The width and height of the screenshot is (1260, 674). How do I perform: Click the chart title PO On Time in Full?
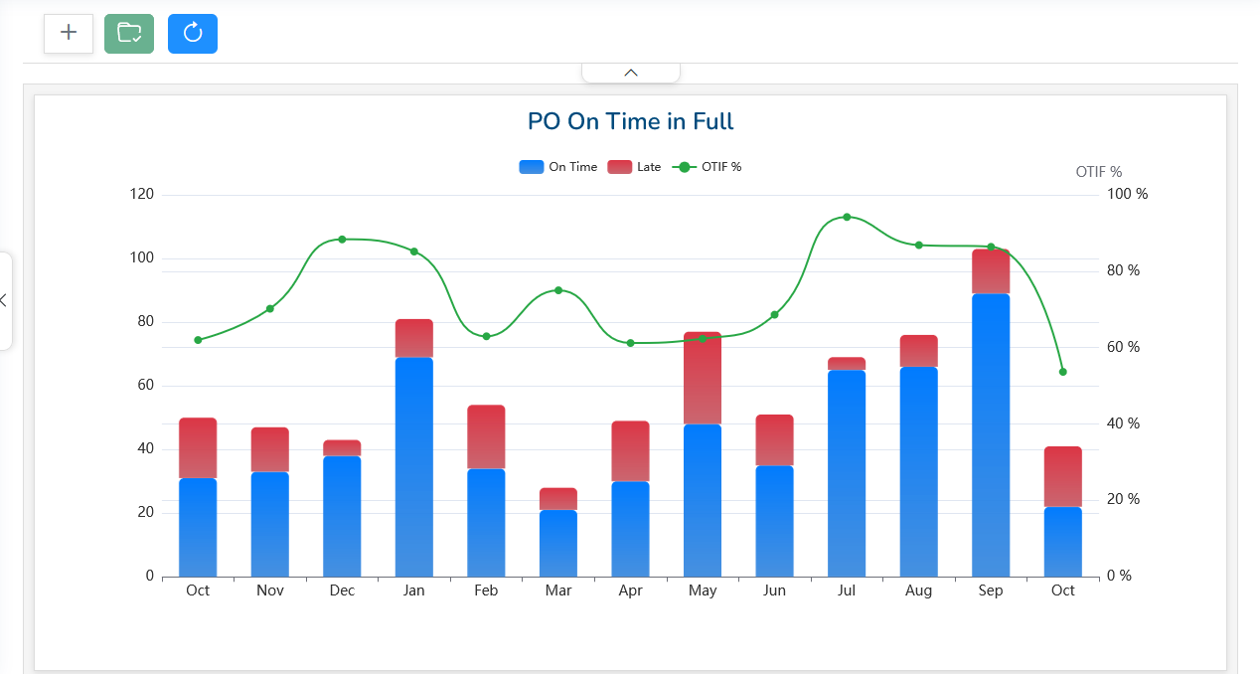(x=630, y=122)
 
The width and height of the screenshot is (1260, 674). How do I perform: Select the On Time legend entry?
(x=558, y=167)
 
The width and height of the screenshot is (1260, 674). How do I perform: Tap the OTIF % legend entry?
(x=708, y=167)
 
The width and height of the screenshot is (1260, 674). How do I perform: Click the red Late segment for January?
(x=413, y=338)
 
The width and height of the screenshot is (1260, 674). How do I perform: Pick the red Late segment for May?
(x=703, y=378)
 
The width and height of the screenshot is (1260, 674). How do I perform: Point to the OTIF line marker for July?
(x=847, y=217)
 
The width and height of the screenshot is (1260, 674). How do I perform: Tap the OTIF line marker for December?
(x=342, y=240)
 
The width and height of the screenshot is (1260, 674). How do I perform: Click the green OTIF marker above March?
(x=558, y=290)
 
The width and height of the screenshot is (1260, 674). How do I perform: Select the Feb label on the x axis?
(x=486, y=591)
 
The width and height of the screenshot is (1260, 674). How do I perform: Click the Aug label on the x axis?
(x=919, y=591)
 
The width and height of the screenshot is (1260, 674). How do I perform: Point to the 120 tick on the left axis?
(x=142, y=194)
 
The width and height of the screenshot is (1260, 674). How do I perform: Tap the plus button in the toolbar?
(x=69, y=34)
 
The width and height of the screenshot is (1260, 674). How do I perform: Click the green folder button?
(x=129, y=34)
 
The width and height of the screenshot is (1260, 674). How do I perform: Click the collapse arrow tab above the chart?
(x=631, y=73)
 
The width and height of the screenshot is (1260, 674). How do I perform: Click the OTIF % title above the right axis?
(x=1099, y=172)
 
